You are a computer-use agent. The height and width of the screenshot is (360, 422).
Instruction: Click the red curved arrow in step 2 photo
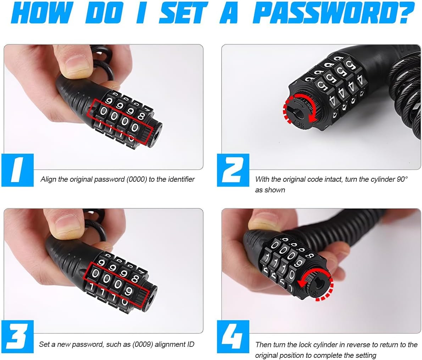click(x=300, y=110)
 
